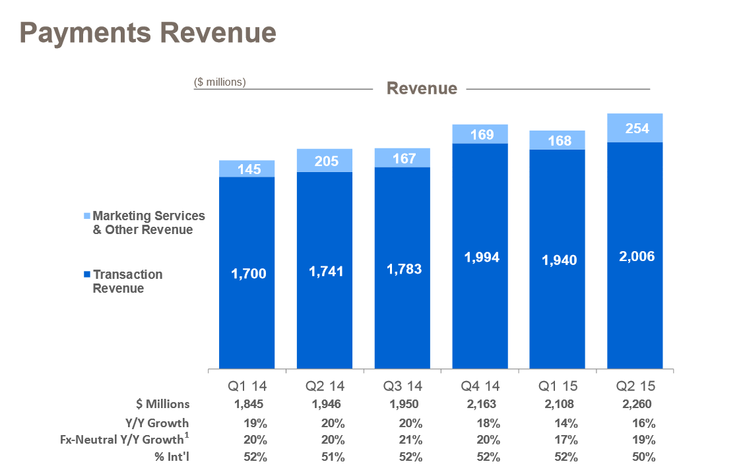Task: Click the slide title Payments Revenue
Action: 147,32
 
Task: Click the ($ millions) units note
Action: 220,82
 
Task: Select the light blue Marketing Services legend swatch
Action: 87,216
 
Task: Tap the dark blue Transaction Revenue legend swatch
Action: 87,274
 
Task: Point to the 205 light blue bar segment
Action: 324,161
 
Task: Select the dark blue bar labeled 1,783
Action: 402,268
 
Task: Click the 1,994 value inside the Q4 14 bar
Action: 480,257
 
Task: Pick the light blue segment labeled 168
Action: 557,140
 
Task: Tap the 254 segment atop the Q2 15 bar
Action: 635,129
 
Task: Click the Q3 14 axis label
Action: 402,386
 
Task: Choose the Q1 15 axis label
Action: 557,386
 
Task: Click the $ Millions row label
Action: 162,404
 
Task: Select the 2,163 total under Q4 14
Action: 480,404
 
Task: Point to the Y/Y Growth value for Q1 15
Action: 557,423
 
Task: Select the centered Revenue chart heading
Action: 422,88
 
